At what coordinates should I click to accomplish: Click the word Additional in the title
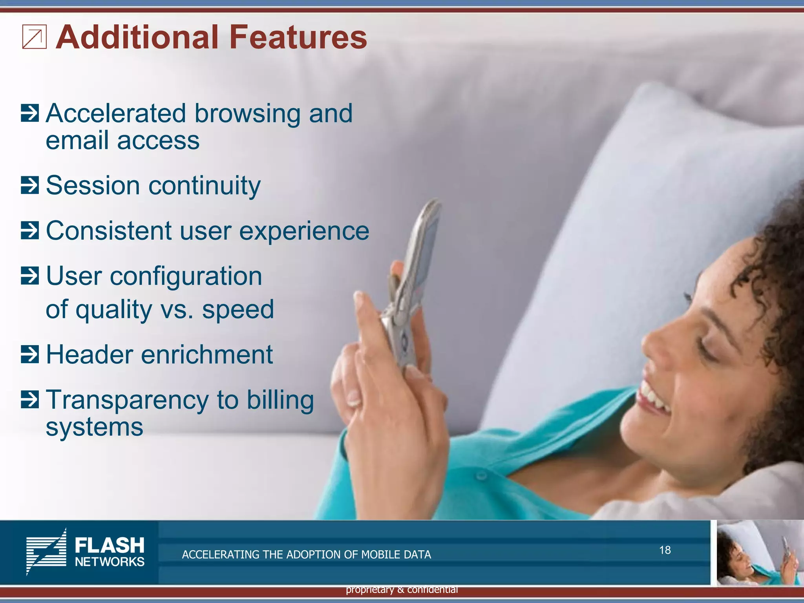click(x=137, y=37)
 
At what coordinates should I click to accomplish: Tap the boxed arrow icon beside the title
click(x=34, y=37)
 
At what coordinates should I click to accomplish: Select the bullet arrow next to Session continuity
click(x=30, y=185)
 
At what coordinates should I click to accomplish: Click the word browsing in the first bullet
click(x=247, y=114)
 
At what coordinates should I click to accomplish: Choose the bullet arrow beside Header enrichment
click(x=30, y=354)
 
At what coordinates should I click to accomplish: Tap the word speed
click(x=238, y=310)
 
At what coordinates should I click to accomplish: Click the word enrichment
click(x=206, y=354)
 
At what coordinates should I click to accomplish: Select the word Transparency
click(x=128, y=400)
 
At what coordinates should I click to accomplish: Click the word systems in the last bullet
click(x=94, y=427)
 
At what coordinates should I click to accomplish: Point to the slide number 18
click(x=665, y=550)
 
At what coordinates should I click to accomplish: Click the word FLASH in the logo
click(x=110, y=545)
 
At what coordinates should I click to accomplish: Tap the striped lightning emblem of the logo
click(x=46, y=552)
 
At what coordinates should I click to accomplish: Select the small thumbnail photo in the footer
click(x=758, y=553)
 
